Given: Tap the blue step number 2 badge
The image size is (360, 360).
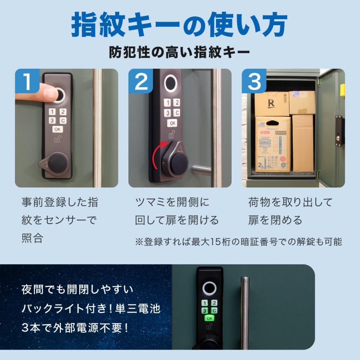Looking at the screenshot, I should point(141,81).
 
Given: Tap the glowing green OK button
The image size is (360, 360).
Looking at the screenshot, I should point(209,318).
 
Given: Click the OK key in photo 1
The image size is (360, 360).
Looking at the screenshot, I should point(57,129).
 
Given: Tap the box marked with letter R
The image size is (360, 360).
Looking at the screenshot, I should point(272,104).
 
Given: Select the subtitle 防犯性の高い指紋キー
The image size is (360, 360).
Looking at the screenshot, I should point(180,52).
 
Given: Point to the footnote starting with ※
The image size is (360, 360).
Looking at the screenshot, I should point(238,242).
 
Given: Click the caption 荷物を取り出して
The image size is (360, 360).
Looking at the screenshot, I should point(290,202).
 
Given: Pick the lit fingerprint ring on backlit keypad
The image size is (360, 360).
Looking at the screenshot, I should point(209,288).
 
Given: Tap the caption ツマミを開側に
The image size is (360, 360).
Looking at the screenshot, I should point(172,202).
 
